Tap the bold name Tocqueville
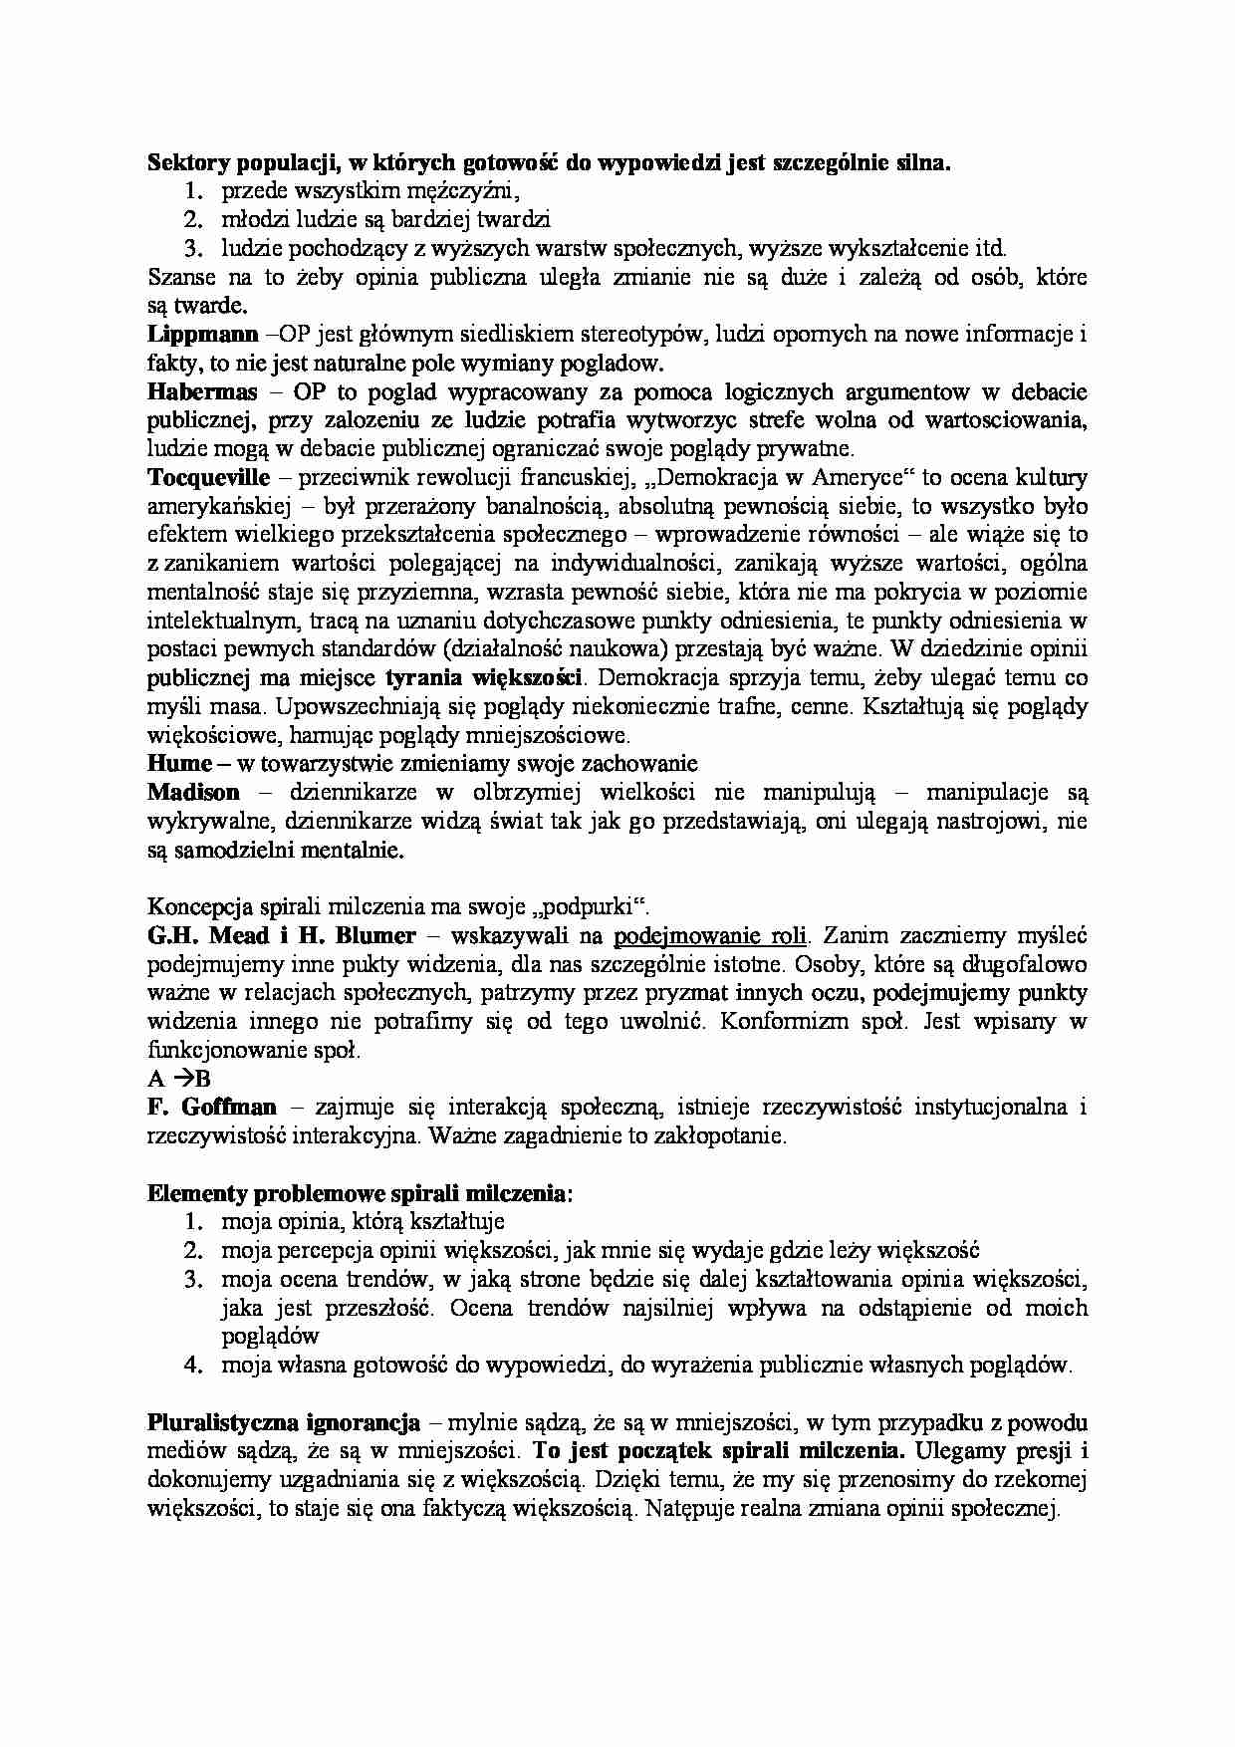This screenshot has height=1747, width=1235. pyautogui.click(x=209, y=477)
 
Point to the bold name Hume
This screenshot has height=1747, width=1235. pyautogui.click(x=179, y=764)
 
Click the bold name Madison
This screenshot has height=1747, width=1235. pyautogui.click(x=193, y=793)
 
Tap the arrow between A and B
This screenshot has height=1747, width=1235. pyautogui.click(x=182, y=1079)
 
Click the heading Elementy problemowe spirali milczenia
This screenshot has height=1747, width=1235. pyautogui.click(x=360, y=1193)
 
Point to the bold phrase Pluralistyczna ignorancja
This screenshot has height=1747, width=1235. pyautogui.click(x=283, y=1422)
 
